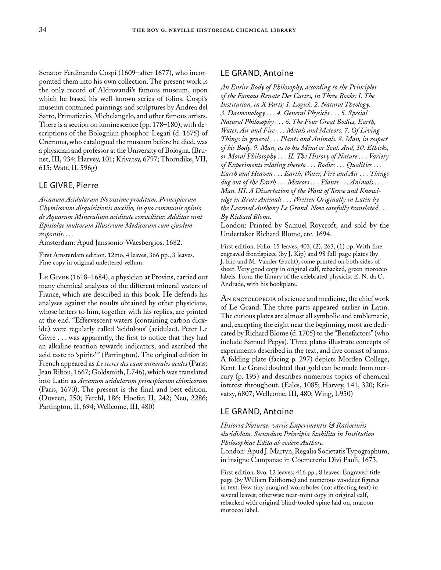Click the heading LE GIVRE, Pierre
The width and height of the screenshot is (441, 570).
(x=69, y=185)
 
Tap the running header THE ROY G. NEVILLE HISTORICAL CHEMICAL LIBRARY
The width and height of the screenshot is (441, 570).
(x=214, y=30)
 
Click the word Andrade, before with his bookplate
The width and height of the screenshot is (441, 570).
(x=233, y=284)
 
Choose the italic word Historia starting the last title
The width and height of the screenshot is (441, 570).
(x=233, y=425)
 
